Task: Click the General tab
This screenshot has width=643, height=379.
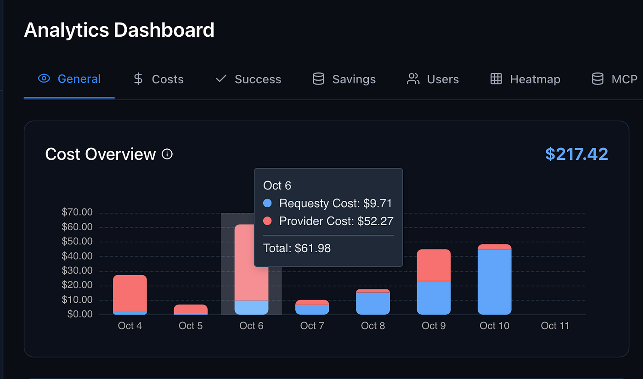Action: point(69,79)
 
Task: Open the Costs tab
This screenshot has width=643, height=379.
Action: point(158,79)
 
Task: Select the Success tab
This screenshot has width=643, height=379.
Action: point(248,79)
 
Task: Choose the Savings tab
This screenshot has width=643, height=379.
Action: point(344,79)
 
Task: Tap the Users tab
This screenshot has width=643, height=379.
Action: point(433,79)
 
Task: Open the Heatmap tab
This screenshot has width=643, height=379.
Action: point(525,79)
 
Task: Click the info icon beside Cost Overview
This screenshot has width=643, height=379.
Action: point(167,154)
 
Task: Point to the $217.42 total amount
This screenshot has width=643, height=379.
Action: point(576,154)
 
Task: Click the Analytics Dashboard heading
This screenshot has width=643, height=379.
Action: point(119,30)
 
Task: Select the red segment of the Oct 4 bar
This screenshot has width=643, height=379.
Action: point(130,293)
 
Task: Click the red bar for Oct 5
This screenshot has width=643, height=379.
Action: point(191,309)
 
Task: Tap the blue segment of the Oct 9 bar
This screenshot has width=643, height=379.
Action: point(434,297)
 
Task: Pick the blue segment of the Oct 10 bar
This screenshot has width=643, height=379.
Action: point(494,282)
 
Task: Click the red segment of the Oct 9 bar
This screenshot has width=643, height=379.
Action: point(434,265)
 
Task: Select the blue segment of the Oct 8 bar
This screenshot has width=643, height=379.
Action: point(373,303)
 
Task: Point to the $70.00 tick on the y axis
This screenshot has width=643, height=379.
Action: point(77,212)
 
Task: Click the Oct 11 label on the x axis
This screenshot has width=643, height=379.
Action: point(555,326)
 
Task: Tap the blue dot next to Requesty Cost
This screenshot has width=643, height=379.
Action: point(268,203)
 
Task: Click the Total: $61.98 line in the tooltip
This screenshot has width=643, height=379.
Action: point(297,249)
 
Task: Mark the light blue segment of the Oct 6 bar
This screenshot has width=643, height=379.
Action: point(251,307)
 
